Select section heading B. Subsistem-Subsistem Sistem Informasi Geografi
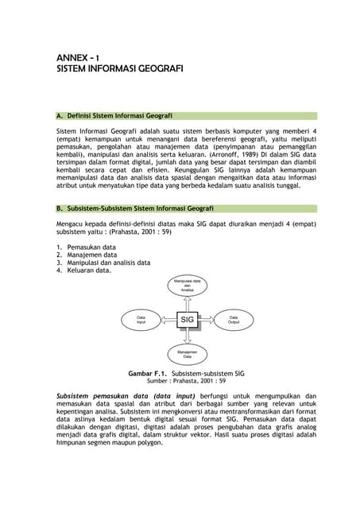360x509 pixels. tap(134, 208)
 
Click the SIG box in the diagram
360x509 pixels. tap(187, 320)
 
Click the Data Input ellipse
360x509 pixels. tap(141, 320)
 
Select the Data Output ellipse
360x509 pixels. tap(234, 320)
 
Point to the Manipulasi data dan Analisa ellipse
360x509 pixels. tap(187, 286)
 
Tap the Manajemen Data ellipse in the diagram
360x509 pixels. tap(187, 355)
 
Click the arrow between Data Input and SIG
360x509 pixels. tap(164, 320)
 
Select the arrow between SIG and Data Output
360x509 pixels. tap(210, 320)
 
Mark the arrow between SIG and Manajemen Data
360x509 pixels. tap(187, 337)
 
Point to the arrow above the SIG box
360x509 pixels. tap(187, 303)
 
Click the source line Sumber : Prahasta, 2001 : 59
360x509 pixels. tap(187, 381)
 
